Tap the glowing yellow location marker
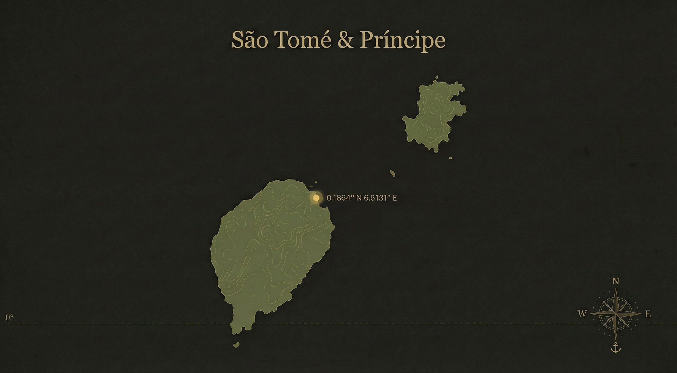coord(316,198)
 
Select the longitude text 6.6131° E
coord(380,198)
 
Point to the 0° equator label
coord(9,318)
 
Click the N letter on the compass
coord(615,282)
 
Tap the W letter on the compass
coord(582,314)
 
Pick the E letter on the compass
coord(648,314)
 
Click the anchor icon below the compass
coord(615,348)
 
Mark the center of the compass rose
coord(615,314)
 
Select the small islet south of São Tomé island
coord(236,344)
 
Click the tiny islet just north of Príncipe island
coord(436,77)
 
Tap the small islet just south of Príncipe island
coord(450,158)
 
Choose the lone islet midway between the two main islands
coord(392,173)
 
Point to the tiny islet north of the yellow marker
coord(316,182)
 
